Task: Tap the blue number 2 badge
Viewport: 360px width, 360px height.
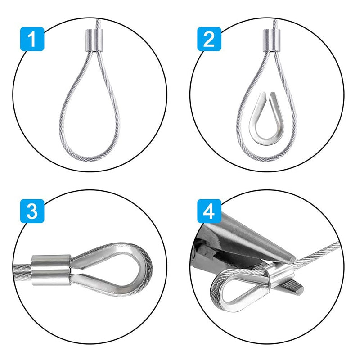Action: point(209,40)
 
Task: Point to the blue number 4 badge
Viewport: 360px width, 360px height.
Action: point(209,211)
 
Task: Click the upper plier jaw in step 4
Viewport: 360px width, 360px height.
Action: point(252,234)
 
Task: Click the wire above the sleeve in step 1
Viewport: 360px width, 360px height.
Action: point(96,22)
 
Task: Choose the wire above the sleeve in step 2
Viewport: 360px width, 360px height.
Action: point(274,22)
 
